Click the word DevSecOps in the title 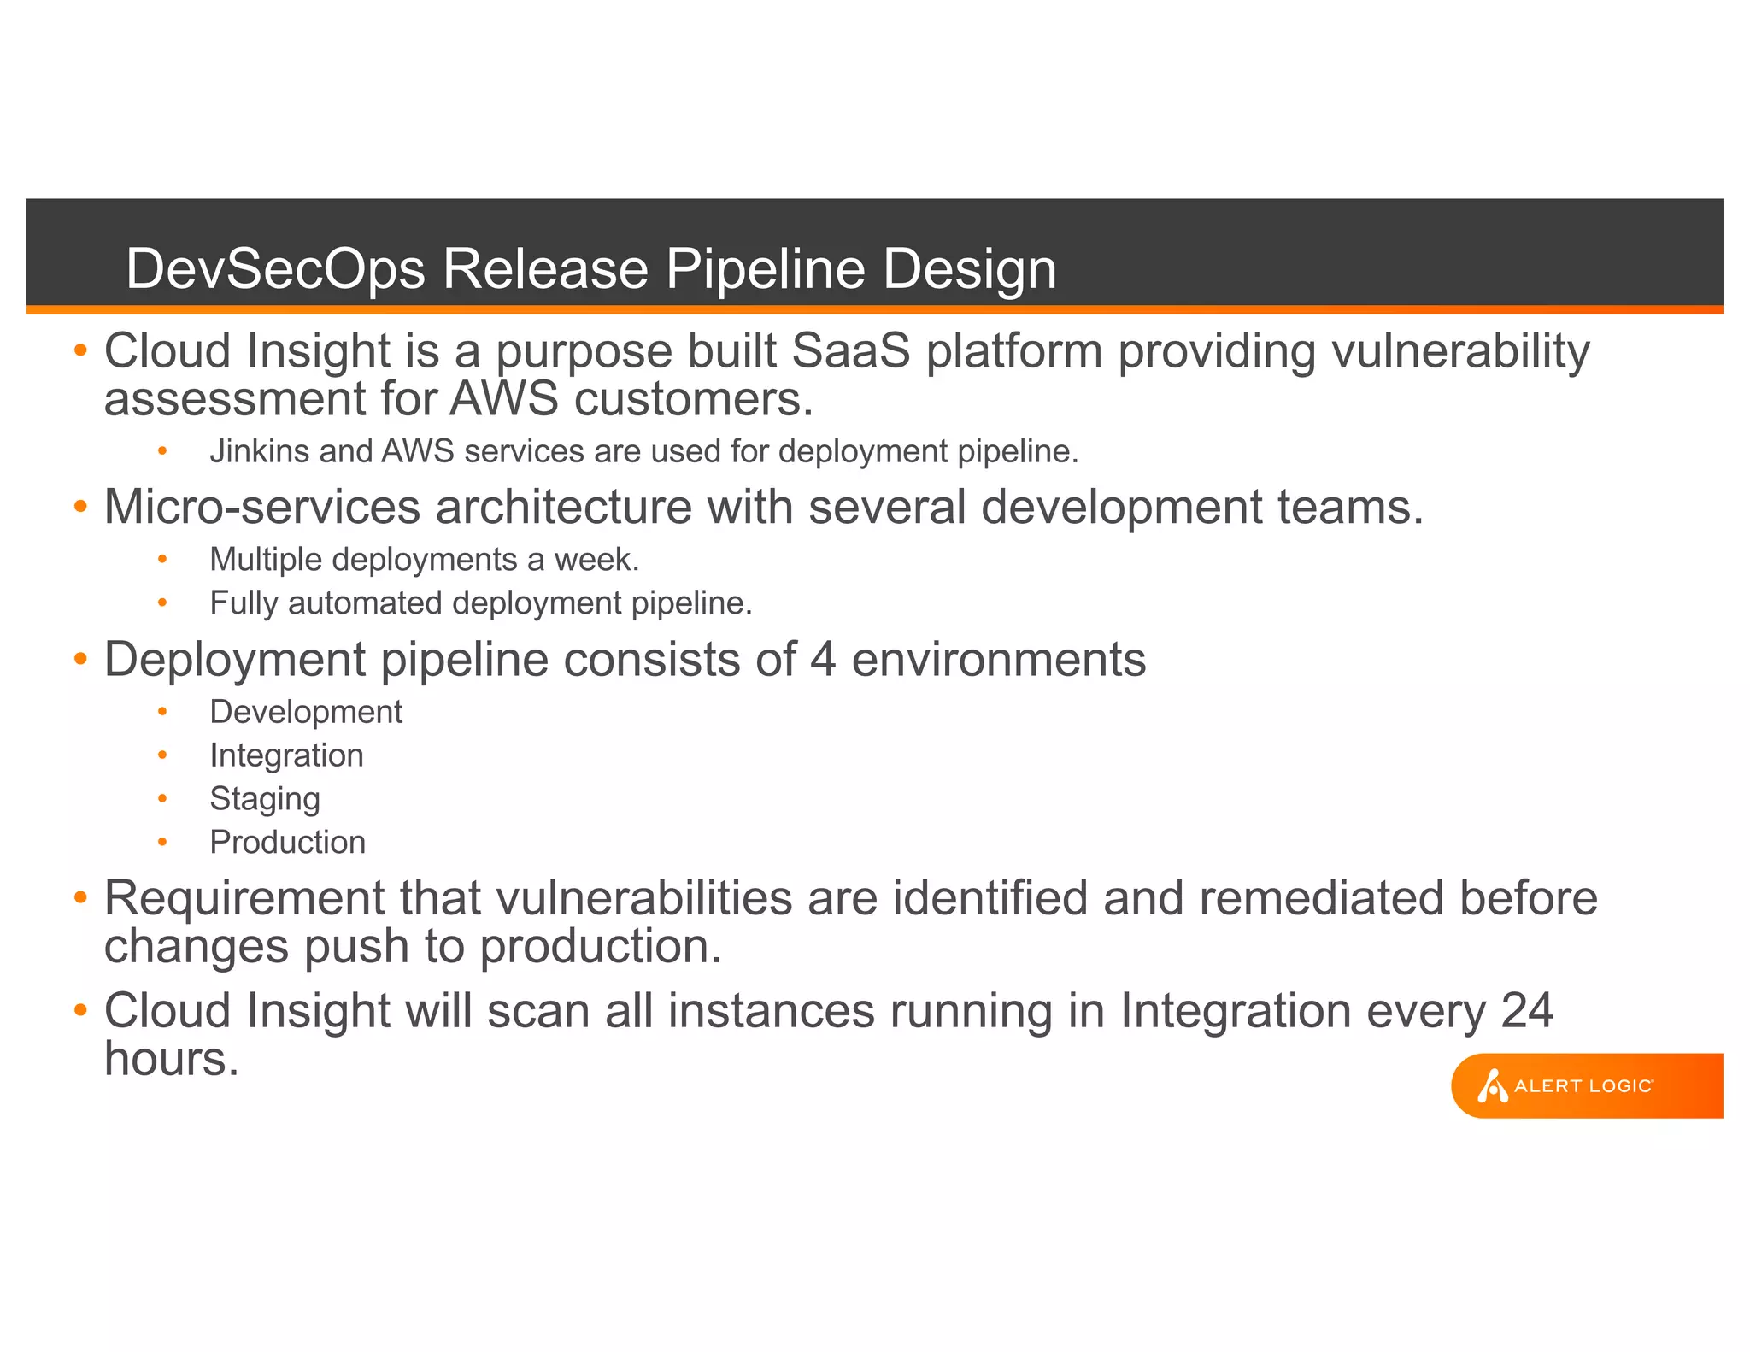point(275,269)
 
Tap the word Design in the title point(969,269)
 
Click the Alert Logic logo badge point(1585,1085)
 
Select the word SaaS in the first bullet point(850,351)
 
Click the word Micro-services point(261,507)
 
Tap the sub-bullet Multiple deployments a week point(424,560)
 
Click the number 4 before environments point(823,660)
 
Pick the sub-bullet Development point(306,712)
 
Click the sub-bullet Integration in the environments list point(286,755)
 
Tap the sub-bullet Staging point(265,799)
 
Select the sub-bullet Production point(287,843)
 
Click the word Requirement point(244,898)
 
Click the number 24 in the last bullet point(1526,1011)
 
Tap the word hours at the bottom point(171,1059)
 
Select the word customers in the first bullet point(693,399)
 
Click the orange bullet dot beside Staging point(162,798)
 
